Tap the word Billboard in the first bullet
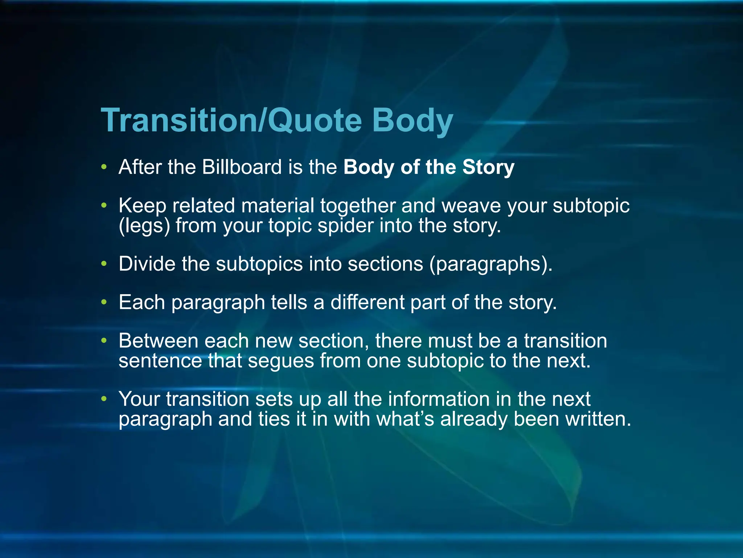click(242, 167)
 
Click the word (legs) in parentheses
click(144, 226)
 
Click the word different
click(367, 302)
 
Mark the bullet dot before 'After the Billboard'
click(104, 167)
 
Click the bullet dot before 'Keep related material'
click(104, 206)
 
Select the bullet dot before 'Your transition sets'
click(104, 399)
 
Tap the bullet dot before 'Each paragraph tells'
click(104, 302)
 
